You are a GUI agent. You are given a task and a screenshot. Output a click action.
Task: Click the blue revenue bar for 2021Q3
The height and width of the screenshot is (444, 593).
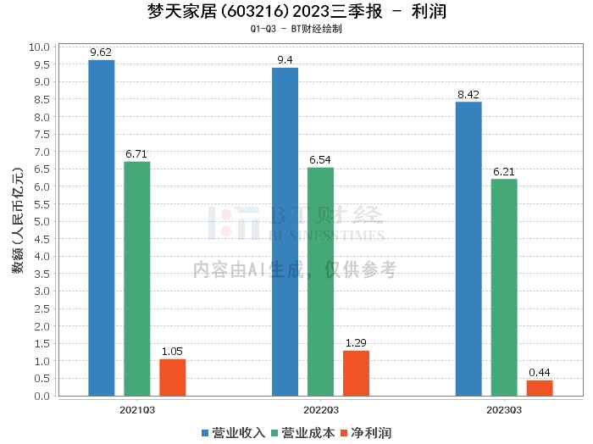102,228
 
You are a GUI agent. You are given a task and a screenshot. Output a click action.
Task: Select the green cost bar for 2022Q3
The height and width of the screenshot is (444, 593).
321,282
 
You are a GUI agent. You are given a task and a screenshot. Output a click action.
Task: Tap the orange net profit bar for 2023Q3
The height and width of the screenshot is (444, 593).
540,388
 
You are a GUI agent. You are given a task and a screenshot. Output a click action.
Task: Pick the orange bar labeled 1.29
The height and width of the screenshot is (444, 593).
357,374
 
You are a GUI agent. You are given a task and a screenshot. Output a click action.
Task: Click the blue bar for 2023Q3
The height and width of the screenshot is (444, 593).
468,249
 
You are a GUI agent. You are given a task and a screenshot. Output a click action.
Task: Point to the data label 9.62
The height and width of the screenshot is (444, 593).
101,53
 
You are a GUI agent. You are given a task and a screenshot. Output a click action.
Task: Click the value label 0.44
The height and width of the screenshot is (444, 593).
540,373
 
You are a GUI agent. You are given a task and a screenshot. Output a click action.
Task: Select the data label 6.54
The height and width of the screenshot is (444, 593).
320,160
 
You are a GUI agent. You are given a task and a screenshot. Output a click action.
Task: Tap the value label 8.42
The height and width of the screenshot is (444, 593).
468,94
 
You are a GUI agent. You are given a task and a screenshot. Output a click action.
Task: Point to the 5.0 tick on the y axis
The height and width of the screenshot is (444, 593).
42,222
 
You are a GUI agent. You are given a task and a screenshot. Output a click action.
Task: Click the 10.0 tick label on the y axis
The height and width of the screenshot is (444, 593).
39,47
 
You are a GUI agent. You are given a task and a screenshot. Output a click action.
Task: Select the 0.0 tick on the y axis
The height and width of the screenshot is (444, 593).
42,396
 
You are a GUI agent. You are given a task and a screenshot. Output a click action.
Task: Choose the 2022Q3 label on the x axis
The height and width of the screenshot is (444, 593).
321,410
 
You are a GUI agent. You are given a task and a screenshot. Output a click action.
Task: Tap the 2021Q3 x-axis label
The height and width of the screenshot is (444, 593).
137,410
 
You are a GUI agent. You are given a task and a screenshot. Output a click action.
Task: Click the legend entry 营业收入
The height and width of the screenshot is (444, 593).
233,433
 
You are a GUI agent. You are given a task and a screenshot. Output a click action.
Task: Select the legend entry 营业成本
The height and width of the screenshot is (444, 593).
303,433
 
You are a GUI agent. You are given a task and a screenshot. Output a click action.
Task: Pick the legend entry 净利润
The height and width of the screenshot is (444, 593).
366,433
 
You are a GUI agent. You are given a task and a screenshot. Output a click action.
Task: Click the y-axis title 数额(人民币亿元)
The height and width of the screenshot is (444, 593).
18,220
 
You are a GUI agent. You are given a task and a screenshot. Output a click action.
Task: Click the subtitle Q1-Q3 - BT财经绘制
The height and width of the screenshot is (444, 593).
296,29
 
